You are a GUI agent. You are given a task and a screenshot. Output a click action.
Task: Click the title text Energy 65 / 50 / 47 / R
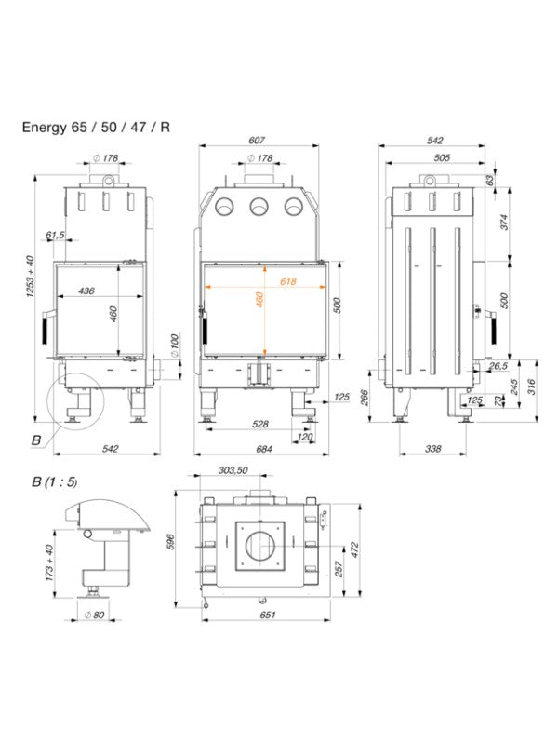click(x=96, y=129)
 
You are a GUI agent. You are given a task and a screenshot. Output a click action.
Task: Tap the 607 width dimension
click(x=257, y=141)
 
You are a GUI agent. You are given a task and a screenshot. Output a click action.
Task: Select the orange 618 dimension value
click(x=287, y=281)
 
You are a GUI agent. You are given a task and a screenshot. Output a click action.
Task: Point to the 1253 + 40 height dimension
click(x=31, y=278)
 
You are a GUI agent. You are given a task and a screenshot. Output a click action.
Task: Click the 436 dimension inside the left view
click(x=86, y=291)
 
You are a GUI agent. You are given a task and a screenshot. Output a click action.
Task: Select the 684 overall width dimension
click(x=263, y=450)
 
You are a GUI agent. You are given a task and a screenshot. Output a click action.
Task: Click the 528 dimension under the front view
click(x=260, y=424)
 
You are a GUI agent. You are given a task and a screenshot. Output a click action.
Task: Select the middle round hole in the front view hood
click(x=258, y=207)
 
